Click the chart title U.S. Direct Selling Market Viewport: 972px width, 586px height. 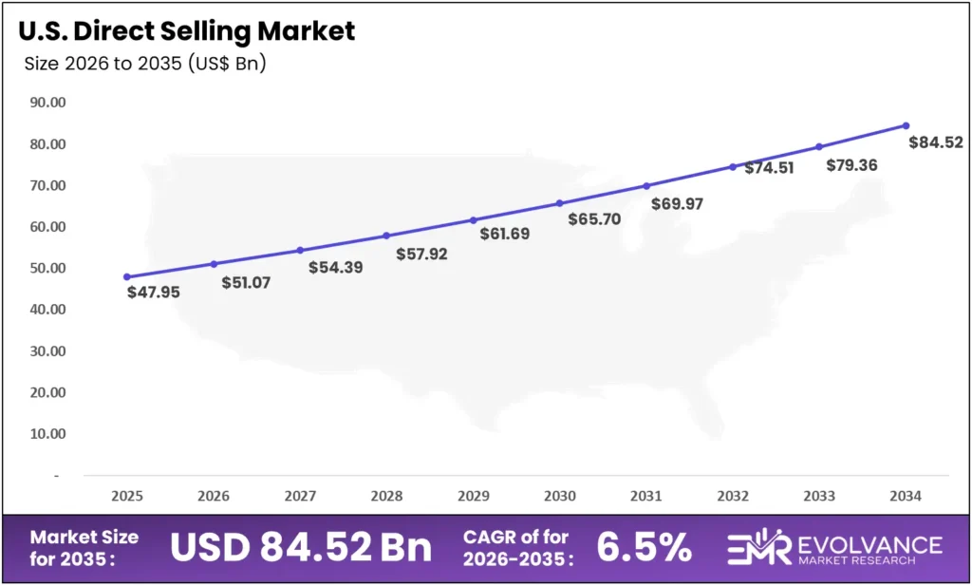[x=186, y=30]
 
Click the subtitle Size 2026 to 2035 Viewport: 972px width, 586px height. [x=144, y=65]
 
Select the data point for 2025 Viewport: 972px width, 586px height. [x=127, y=276]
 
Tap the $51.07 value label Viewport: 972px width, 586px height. [x=246, y=282]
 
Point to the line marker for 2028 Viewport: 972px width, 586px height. [x=386, y=236]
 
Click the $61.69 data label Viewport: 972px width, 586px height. [x=504, y=234]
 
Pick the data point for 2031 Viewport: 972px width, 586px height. [x=646, y=185]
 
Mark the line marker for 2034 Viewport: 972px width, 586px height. [x=906, y=125]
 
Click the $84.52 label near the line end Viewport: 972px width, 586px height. [x=936, y=143]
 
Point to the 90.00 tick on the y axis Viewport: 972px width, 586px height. [x=47, y=103]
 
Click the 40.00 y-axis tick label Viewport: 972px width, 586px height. [x=47, y=310]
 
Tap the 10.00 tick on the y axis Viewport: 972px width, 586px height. [x=47, y=434]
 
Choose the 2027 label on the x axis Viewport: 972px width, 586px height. [x=300, y=496]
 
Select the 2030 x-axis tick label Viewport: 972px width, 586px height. [x=560, y=496]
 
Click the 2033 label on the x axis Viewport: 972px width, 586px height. [x=819, y=496]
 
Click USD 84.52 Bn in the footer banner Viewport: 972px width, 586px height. [x=301, y=548]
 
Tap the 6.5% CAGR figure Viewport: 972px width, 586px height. [x=644, y=547]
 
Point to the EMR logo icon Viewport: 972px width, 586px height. [x=759, y=548]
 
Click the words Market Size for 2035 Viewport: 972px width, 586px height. [x=84, y=547]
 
